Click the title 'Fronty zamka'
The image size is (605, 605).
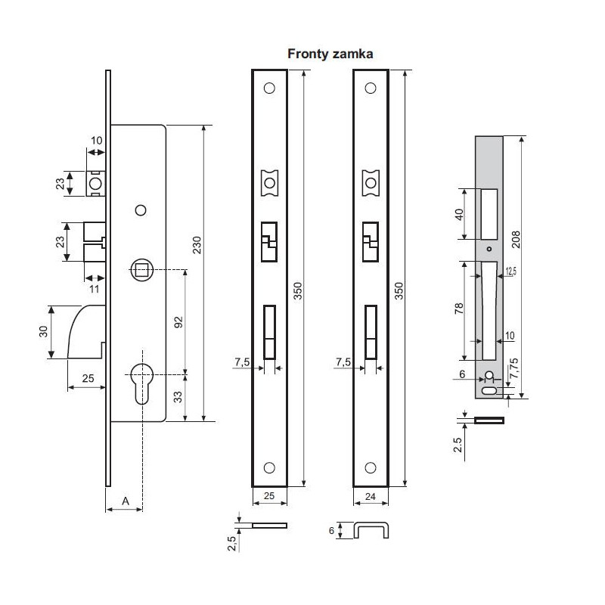330,54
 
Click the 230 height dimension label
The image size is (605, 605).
197,246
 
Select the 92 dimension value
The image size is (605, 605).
178,321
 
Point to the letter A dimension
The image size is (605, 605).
125,500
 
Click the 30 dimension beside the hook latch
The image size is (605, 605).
44,331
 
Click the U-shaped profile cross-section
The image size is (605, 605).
371,530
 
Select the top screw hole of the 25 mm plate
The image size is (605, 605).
269,88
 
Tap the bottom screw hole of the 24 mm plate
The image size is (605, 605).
371,468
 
